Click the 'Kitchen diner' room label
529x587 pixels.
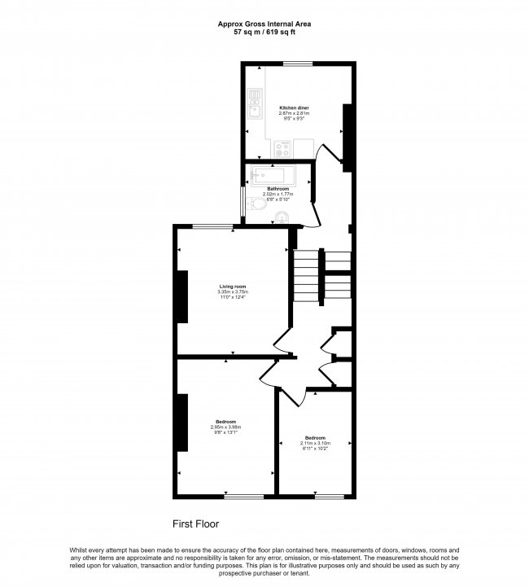point(294,107)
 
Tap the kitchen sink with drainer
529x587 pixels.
point(254,106)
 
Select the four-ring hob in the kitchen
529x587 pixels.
point(284,149)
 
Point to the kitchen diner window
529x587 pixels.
point(298,64)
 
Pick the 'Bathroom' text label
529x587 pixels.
point(278,189)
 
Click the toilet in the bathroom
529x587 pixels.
point(282,217)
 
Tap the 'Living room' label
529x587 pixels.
point(233,287)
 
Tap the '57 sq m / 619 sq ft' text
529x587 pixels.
point(264,33)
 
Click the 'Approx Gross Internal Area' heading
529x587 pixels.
point(264,24)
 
